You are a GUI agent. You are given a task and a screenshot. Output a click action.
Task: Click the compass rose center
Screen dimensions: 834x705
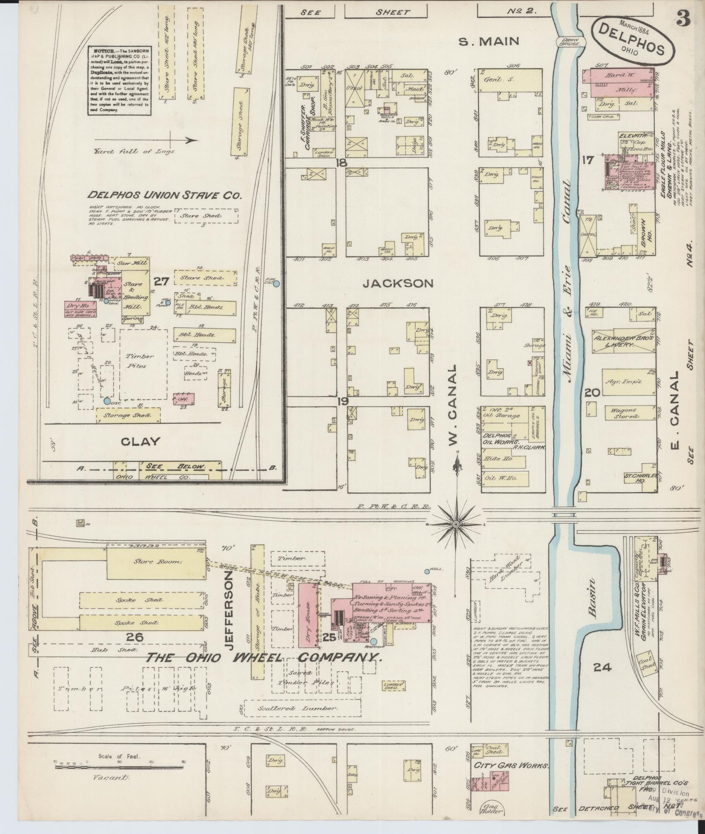(456, 524)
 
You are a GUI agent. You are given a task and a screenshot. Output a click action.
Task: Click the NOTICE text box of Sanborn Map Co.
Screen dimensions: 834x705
(120, 81)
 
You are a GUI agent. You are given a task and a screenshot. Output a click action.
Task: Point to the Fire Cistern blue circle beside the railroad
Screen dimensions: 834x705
(277, 283)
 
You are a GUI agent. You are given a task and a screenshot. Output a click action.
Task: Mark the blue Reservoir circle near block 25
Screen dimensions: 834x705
(373, 641)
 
